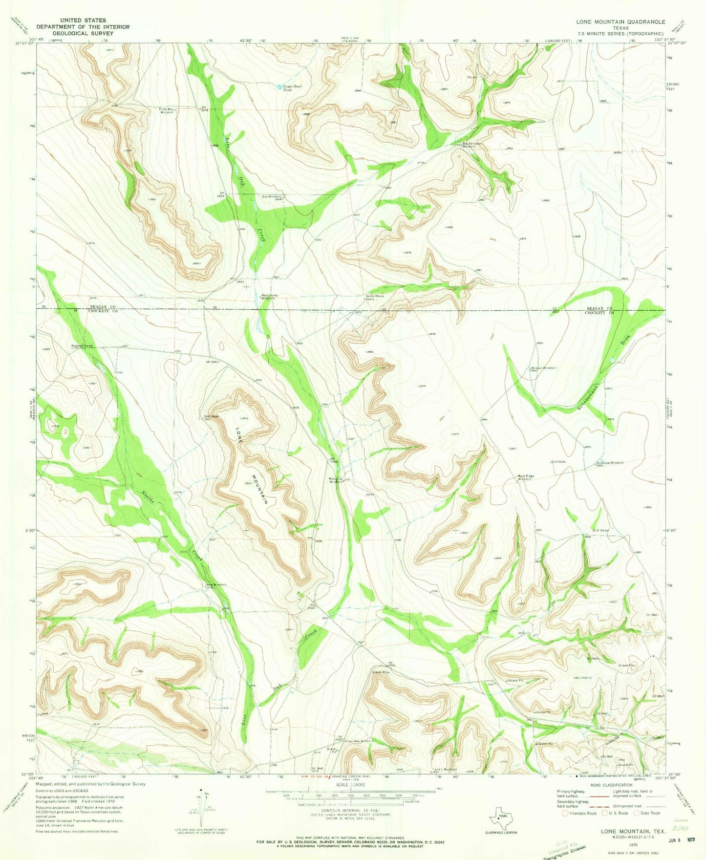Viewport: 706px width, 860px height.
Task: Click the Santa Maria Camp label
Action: tap(372, 297)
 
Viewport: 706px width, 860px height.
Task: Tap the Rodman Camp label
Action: tap(82, 346)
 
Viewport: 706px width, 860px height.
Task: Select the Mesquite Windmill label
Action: tap(336, 480)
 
